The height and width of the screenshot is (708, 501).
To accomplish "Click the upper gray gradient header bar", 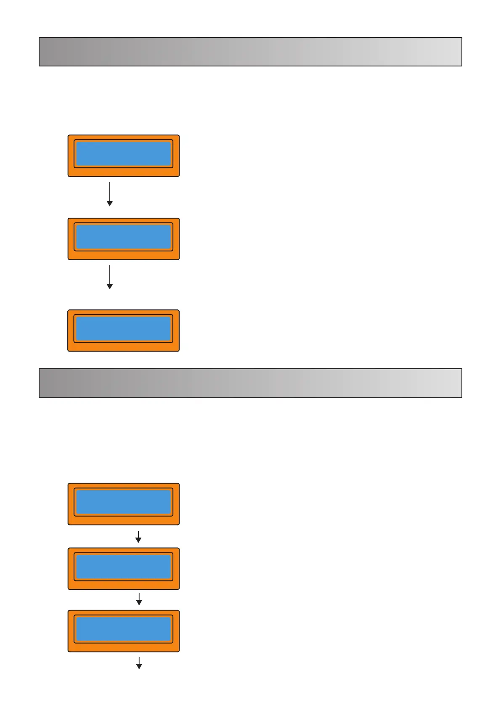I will (250, 52).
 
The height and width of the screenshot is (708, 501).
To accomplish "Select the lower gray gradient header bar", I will (250, 383).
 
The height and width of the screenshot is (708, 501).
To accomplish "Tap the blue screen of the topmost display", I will (123, 153).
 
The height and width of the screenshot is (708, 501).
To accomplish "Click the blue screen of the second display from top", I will (123, 237).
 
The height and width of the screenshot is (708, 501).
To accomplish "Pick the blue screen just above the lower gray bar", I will (123, 328).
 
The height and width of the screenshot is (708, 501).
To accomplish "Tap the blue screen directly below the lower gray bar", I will (123, 502).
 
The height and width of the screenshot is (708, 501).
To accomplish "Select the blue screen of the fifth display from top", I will (123, 566).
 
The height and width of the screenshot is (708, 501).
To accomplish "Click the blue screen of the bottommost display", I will (123, 629).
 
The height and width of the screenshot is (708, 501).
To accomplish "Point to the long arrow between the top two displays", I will (110, 193).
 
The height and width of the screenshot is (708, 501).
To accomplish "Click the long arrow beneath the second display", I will (110, 277).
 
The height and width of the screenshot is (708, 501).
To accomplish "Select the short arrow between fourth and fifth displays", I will (138, 536).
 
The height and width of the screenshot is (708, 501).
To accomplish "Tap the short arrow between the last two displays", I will (139, 599).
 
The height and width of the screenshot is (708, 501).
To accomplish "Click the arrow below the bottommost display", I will (139, 663).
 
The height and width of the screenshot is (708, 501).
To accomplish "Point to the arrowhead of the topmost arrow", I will (110, 203).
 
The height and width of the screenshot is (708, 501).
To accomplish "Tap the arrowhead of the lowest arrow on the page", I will (139, 666).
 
